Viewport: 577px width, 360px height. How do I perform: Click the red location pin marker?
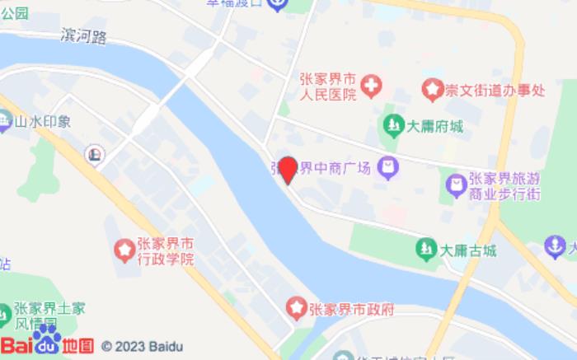(x=288, y=170)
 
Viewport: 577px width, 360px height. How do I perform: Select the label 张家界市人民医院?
(x=327, y=87)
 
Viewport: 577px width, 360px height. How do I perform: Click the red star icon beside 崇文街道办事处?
(x=431, y=87)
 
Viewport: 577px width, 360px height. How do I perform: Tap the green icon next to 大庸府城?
(x=394, y=126)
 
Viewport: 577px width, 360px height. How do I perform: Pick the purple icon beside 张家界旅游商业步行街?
(x=454, y=185)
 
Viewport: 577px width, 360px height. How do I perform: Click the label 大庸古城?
(x=467, y=250)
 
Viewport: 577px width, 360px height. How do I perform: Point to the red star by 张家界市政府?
(x=296, y=309)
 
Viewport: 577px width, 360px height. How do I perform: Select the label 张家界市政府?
(x=352, y=310)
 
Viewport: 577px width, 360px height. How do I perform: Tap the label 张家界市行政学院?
(x=166, y=251)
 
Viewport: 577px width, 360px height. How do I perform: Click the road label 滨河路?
(x=84, y=36)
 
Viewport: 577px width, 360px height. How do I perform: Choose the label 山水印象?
(x=43, y=122)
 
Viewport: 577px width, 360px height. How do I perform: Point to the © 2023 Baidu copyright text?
(x=142, y=347)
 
